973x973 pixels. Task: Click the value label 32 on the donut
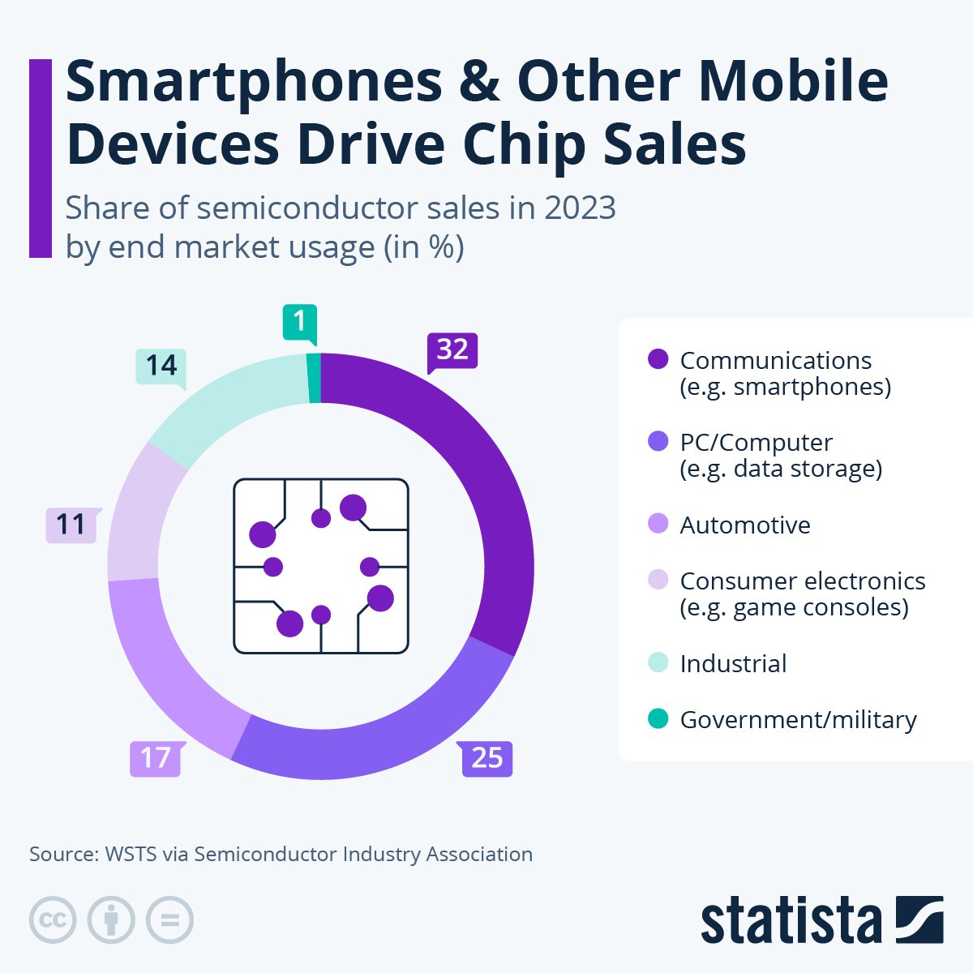point(452,349)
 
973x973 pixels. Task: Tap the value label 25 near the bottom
point(486,758)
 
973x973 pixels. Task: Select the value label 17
point(155,758)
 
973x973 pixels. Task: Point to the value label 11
point(71,525)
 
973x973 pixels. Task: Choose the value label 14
point(161,366)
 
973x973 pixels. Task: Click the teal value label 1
point(299,322)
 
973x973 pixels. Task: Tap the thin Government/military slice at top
point(314,378)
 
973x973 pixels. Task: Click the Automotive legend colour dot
point(658,525)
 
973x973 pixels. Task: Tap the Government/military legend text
point(798,719)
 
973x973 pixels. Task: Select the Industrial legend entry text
point(733,663)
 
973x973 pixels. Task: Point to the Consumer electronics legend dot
point(658,581)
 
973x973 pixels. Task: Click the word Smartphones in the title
point(254,81)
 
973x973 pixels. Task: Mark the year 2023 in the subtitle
point(580,208)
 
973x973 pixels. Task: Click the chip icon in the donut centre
point(321,566)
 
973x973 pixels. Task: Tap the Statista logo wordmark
point(791,922)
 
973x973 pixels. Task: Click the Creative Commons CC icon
point(53,920)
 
